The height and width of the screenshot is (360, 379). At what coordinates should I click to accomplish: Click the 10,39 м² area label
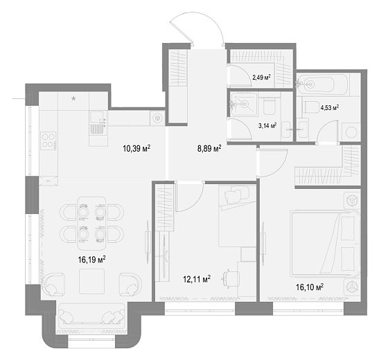click(x=136, y=148)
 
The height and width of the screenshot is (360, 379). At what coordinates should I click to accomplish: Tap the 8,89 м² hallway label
click(x=209, y=148)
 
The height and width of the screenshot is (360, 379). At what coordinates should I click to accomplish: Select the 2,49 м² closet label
click(x=261, y=78)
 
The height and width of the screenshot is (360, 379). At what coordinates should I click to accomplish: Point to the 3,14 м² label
click(x=267, y=125)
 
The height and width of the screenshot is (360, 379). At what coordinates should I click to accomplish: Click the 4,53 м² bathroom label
click(x=329, y=107)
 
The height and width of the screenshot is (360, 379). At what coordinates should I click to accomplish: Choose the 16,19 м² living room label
click(x=91, y=260)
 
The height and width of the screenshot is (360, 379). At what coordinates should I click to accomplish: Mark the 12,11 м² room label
click(x=197, y=279)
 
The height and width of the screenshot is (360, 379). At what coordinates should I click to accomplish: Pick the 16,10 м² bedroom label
click(x=310, y=287)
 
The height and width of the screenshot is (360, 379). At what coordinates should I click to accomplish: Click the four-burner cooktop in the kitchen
click(x=49, y=141)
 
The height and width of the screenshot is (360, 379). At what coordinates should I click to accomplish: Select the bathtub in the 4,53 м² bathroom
click(x=322, y=84)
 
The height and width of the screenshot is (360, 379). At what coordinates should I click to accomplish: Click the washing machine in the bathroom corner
click(x=351, y=132)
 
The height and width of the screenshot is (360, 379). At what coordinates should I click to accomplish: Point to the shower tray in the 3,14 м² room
click(x=244, y=104)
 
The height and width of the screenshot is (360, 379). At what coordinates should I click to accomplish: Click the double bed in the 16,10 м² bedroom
click(x=326, y=244)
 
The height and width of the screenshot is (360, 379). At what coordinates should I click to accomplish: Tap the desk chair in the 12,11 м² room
click(x=231, y=279)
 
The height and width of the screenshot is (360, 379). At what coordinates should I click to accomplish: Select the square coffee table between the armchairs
click(x=92, y=281)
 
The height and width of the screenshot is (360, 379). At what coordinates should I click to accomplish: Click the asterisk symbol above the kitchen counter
click(x=73, y=98)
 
